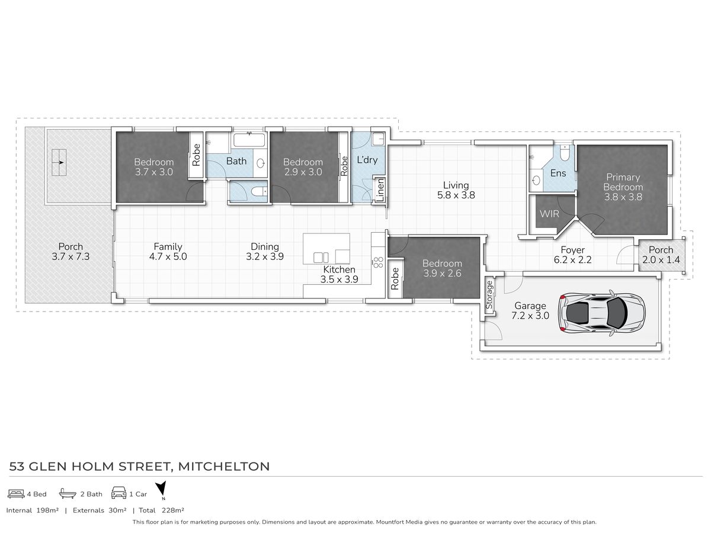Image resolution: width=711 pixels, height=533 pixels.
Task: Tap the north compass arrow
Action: click(x=161, y=489)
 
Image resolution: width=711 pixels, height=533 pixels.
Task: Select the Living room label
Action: click(x=456, y=185)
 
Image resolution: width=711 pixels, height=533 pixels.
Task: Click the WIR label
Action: click(x=549, y=214)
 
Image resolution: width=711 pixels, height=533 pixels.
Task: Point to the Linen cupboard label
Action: click(x=380, y=190)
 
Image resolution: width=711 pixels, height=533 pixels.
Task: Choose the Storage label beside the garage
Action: click(x=489, y=295)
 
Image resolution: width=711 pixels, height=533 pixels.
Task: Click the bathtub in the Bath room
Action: click(x=249, y=140)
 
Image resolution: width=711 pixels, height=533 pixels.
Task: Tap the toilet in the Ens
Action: click(x=564, y=153)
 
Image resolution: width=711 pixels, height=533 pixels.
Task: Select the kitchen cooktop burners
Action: click(x=378, y=262)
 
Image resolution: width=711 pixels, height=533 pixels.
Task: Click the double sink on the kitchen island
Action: click(x=321, y=258)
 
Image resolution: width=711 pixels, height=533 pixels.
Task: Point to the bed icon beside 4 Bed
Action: click(x=16, y=494)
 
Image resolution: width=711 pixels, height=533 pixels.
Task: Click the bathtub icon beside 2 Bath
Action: click(x=68, y=493)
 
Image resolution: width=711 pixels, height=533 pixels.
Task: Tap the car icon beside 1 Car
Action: click(x=119, y=493)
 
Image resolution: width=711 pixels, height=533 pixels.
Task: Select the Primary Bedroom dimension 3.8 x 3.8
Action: click(x=623, y=197)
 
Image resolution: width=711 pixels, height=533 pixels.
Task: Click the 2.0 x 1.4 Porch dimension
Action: click(x=661, y=259)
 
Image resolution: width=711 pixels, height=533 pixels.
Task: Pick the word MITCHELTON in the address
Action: click(x=224, y=466)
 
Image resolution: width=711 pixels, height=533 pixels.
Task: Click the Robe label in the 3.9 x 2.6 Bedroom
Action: click(x=395, y=278)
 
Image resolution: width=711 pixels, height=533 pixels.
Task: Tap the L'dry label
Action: click(x=367, y=160)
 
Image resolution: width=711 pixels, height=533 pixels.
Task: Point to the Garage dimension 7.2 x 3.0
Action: click(x=530, y=315)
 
